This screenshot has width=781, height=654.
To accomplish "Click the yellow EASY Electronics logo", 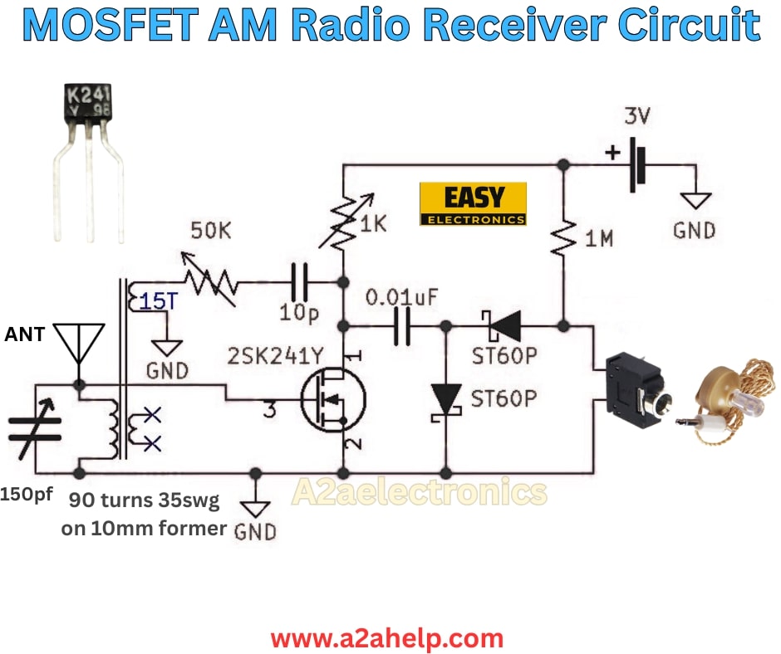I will [473, 204].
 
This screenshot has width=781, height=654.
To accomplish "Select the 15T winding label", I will [157, 301].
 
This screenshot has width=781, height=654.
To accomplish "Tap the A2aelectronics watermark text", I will [419, 493].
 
